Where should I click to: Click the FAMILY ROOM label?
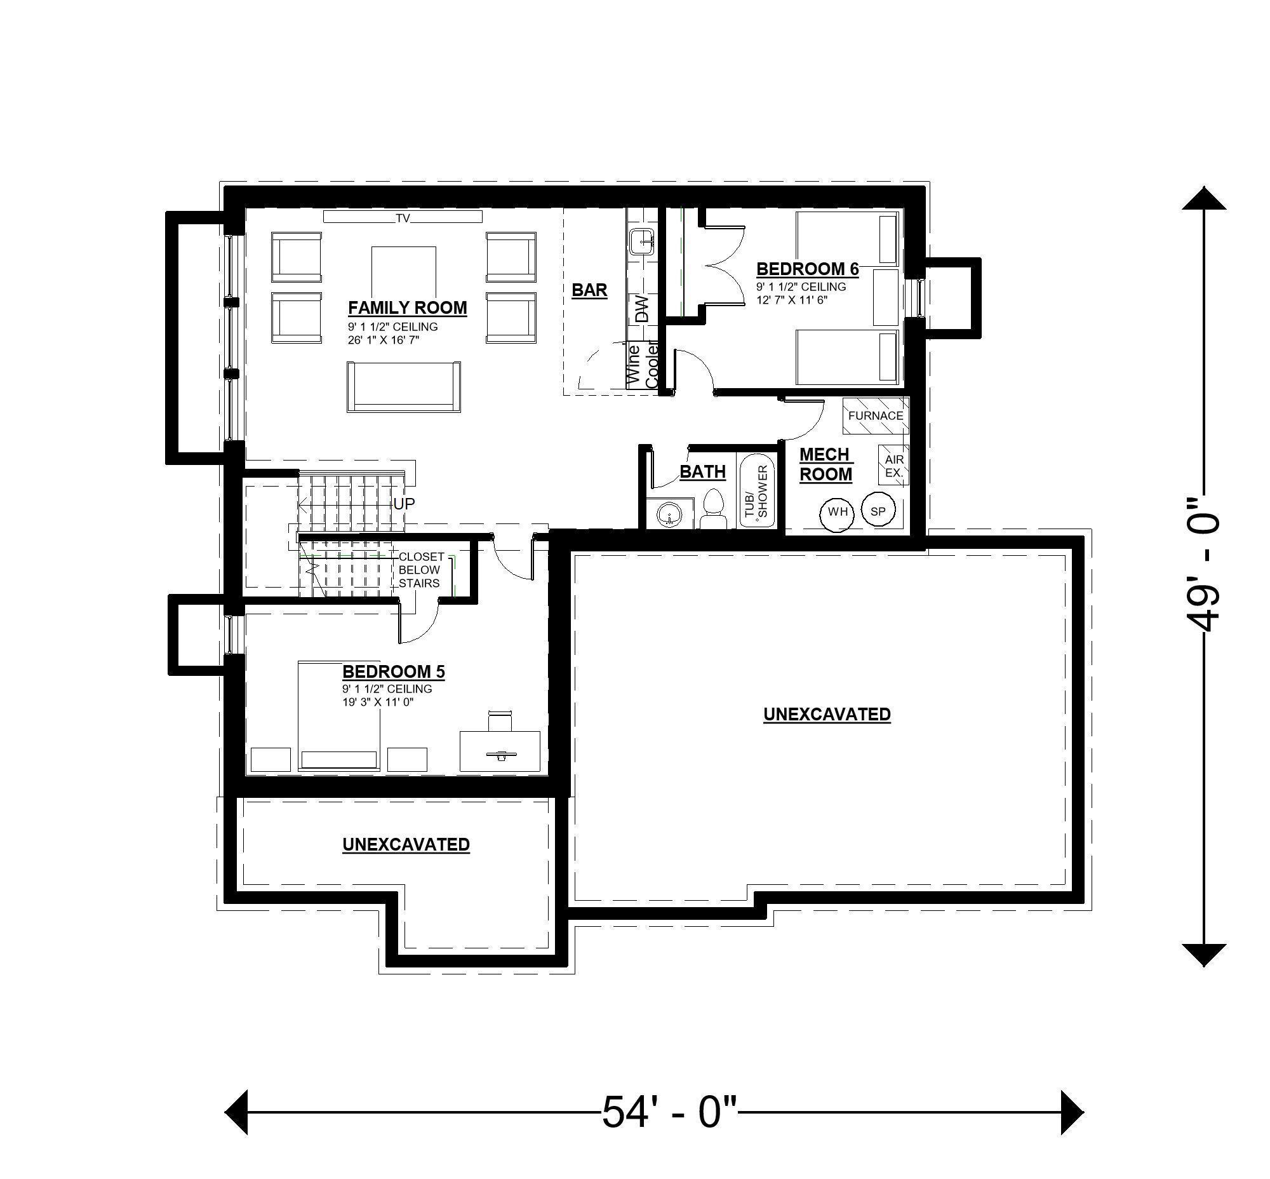pos(407,307)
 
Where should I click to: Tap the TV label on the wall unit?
pos(402,218)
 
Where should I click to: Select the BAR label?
pos(589,290)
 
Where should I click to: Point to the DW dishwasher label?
pos(641,309)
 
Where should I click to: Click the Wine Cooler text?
pos(642,366)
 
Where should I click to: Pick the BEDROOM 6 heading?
pos(807,269)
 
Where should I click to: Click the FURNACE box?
pos(874,415)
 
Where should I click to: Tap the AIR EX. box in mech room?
pos(893,466)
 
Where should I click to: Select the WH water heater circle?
pos(837,511)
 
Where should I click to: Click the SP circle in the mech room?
pos(878,511)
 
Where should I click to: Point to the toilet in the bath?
pos(712,508)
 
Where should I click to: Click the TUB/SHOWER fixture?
pos(756,490)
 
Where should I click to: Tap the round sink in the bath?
pos(669,515)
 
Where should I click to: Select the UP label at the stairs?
pos(404,503)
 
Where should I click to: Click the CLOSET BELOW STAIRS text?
pos(419,570)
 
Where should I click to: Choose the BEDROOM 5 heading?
pos(393,671)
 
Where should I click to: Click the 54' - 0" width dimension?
pos(669,1114)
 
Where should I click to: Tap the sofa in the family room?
pos(403,387)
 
